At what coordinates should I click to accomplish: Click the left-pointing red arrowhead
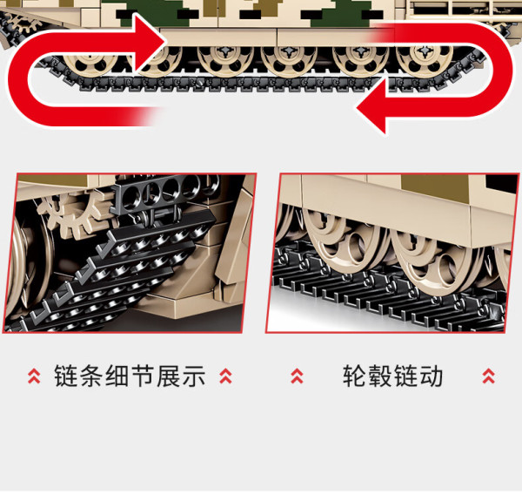point(372,106)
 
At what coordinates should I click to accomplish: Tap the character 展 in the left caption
point(169,376)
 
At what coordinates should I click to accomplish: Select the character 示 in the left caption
point(194,376)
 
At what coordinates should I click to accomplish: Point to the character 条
point(92,376)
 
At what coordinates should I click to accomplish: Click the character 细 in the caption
point(117,376)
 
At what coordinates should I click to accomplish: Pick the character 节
point(144,376)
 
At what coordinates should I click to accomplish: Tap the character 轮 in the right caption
point(355,376)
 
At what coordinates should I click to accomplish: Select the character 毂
point(380,376)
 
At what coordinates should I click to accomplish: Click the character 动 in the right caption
point(432,376)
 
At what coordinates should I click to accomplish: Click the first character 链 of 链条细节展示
point(67,376)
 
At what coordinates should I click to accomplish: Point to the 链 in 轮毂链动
point(405,376)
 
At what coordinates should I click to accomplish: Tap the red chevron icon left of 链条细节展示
point(34,376)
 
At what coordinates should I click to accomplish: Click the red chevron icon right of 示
point(225,376)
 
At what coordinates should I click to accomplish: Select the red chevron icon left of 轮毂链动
point(297,376)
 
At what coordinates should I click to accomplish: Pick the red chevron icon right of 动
point(488,376)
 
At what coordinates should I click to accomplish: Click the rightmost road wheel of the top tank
point(425,59)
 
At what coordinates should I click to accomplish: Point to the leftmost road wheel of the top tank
point(90,61)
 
